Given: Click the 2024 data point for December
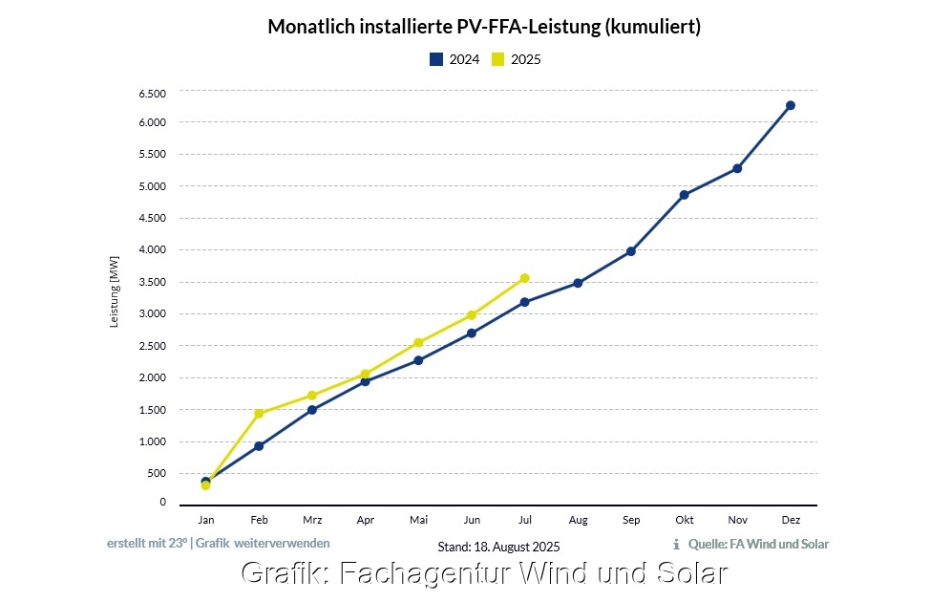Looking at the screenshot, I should pyautogui.click(x=790, y=105).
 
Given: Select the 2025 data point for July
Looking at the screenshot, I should pyautogui.click(x=524, y=278).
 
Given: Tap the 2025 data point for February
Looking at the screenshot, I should pyautogui.click(x=259, y=413).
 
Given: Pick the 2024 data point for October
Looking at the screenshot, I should pyautogui.click(x=684, y=195).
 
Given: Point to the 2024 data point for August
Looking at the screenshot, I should pyautogui.click(x=578, y=283).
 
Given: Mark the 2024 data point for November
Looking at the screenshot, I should pyautogui.click(x=737, y=168).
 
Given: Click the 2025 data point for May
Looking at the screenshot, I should pyautogui.click(x=418, y=342).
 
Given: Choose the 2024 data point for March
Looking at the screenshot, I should pyautogui.click(x=312, y=410).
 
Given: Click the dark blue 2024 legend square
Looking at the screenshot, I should pyautogui.click(x=436, y=59).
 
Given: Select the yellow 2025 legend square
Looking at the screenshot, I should pyautogui.click(x=498, y=59).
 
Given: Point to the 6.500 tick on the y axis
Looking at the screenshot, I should pyautogui.click(x=153, y=93).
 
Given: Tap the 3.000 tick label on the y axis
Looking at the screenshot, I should pyautogui.click(x=153, y=313).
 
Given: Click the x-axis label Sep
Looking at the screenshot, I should pyautogui.click(x=631, y=520).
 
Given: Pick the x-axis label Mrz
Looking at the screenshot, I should pyautogui.click(x=312, y=520).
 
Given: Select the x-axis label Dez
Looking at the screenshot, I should pyautogui.click(x=790, y=520).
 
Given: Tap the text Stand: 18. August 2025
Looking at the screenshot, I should pyautogui.click(x=498, y=547).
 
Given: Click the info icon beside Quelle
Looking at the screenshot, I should pyautogui.click(x=676, y=545).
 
